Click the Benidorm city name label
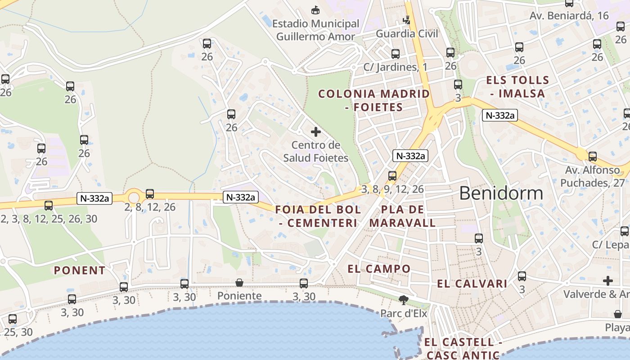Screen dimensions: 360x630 [x=501, y=193]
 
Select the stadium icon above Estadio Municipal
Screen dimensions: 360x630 [x=316, y=9]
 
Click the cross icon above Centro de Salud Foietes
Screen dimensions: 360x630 [x=316, y=132]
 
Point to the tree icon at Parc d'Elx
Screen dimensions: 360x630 [x=404, y=300]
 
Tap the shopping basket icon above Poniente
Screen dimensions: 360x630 [x=239, y=283]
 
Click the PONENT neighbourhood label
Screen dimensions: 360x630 [x=80, y=270]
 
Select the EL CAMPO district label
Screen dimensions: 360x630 [x=379, y=269]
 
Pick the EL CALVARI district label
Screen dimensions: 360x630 [x=472, y=284]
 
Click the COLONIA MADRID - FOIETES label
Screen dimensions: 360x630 [x=374, y=100]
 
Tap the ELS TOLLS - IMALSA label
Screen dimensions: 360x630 [x=517, y=87]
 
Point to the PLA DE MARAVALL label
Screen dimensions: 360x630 [x=403, y=216]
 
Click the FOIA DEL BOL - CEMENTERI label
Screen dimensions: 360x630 [x=318, y=216]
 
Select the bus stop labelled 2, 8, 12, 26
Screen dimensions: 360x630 [x=150, y=194]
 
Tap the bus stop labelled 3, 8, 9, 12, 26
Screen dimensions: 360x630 [x=392, y=175]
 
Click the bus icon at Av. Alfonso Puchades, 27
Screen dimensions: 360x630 [x=593, y=157]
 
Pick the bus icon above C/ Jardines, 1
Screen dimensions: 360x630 [x=396, y=54]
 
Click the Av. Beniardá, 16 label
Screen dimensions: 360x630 [x=569, y=16]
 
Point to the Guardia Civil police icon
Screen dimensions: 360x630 [x=407, y=20]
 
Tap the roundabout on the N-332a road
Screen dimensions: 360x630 [x=134, y=197]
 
